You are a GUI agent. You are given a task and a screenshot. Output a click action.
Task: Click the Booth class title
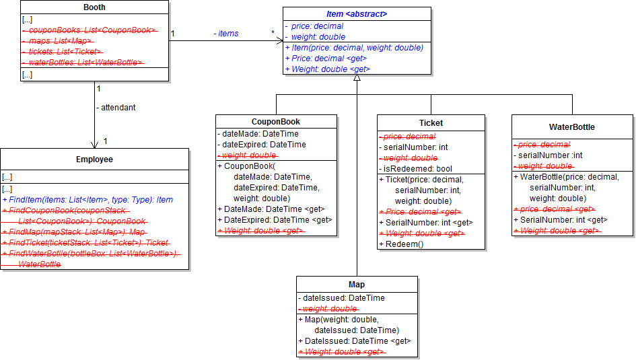pos(94,7)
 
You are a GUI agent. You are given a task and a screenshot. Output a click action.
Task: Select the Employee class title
pos(94,159)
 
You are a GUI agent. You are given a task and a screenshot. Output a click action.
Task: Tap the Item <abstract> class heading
pos(357,13)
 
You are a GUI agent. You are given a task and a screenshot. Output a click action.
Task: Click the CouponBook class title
pos(276,122)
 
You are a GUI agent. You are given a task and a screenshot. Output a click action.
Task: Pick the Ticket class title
pos(431,122)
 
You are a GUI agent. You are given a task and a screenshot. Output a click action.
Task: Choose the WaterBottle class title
pos(571,127)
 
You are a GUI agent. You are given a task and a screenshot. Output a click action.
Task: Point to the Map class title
pos(357,285)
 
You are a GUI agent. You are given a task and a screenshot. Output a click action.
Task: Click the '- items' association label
pos(226,34)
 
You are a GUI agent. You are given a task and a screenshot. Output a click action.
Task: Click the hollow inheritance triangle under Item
pos(357,78)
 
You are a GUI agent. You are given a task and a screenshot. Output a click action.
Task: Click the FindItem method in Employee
pos(87,200)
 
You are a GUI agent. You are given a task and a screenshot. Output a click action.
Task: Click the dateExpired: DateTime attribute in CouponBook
pos(264,145)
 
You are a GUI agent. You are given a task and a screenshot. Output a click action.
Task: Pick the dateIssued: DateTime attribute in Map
pos(343,298)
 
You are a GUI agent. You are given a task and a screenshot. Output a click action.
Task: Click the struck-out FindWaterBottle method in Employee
pos(91,254)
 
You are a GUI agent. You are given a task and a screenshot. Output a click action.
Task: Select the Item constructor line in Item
pos(354,48)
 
